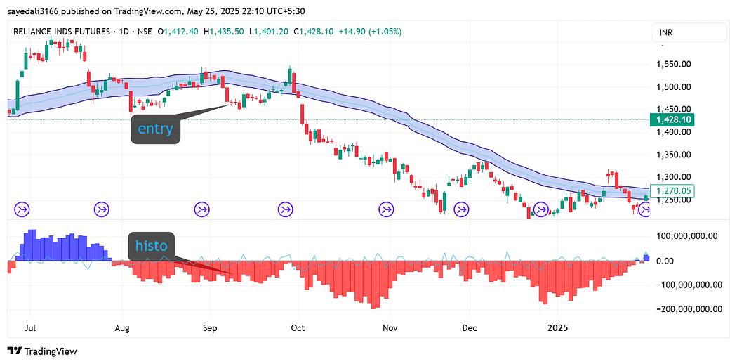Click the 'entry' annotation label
[x=155, y=130]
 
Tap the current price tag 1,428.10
[x=673, y=120]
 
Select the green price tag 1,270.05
[x=673, y=190]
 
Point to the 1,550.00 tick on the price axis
[x=674, y=64]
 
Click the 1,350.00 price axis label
[x=674, y=155]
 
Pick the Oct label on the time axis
[x=298, y=327]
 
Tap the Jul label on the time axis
[x=30, y=327]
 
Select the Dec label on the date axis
[x=470, y=327]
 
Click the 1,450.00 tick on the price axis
[x=674, y=109]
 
